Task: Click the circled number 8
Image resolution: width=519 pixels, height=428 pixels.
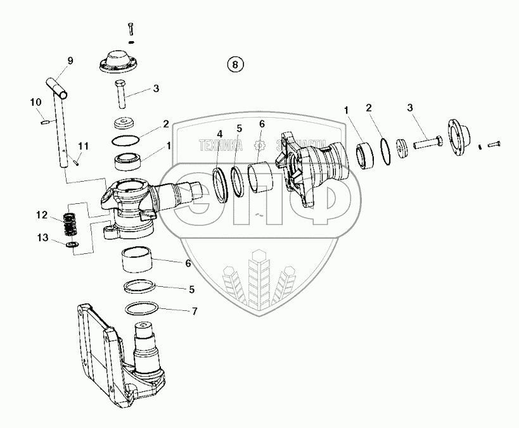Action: [x=235, y=64]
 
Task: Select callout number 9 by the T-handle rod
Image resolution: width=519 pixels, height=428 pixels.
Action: [x=70, y=61]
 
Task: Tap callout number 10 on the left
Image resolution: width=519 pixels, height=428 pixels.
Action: [x=35, y=102]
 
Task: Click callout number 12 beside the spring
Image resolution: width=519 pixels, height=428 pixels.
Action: [x=41, y=215]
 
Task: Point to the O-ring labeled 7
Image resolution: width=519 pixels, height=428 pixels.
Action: [x=140, y=309]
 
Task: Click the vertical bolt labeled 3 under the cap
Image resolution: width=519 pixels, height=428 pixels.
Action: [x=120, y=94]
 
